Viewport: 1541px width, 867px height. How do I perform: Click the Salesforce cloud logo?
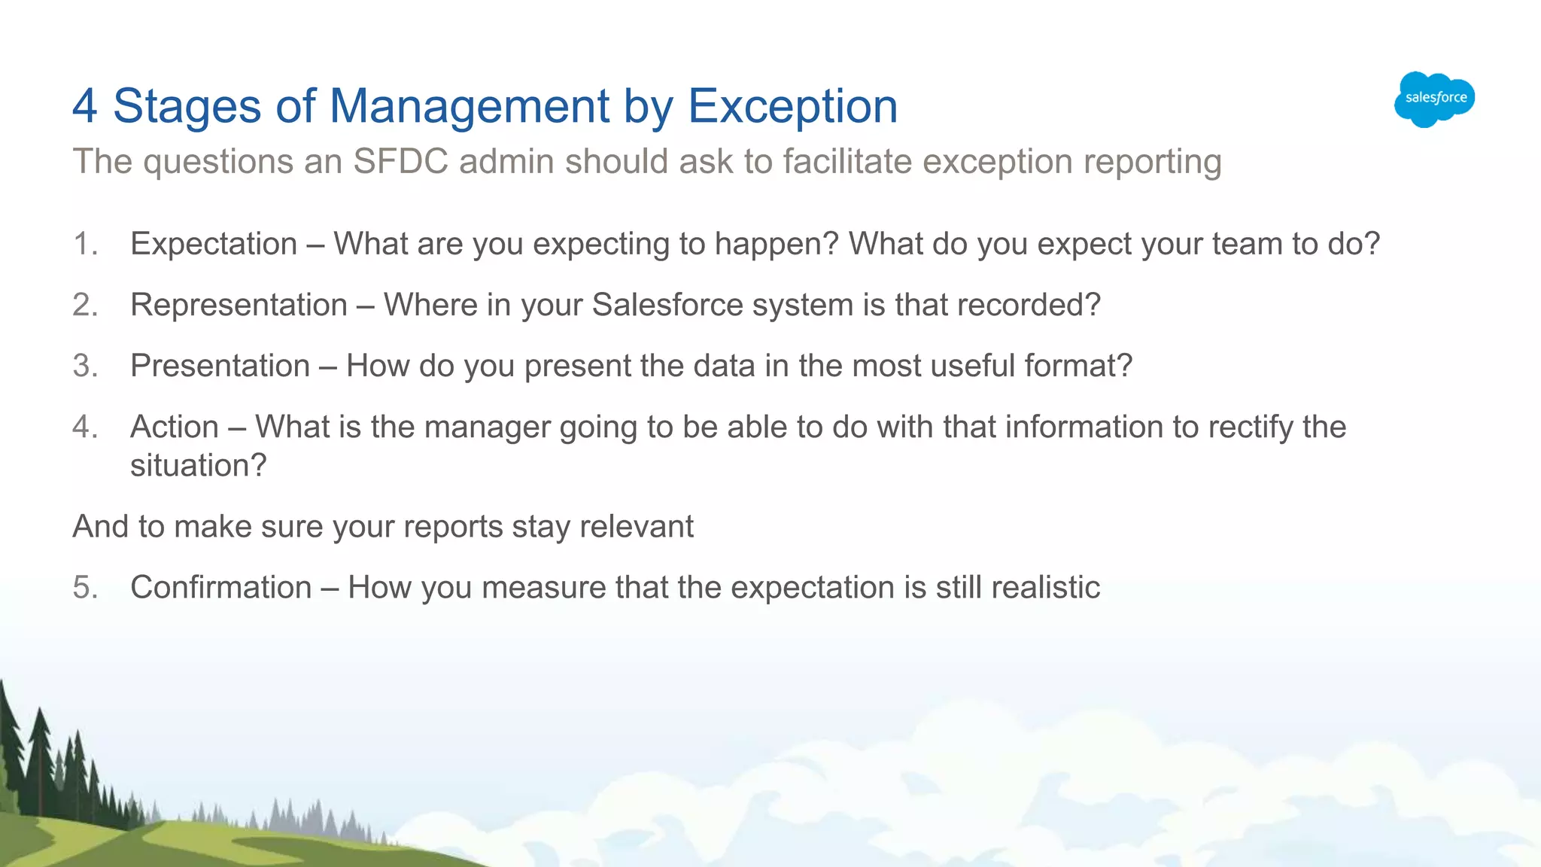pyautogui.click(x=1434, y=99)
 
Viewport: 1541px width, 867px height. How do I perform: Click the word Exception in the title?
pyautogui.click(x=792, y=106)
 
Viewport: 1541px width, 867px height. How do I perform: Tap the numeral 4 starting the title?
pyautogui.click(x=85, y=106)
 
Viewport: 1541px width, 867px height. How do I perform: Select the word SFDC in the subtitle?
pyautogui.click(x=400, y=162)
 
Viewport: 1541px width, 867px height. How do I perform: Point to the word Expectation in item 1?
pyautogui.click(x=214, y=244)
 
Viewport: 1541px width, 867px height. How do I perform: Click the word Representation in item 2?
pyautogui.click(x=239, y=305)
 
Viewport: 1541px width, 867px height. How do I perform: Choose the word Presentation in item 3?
pyautogui.click(x=220, y=366)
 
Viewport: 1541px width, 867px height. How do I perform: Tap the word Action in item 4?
pyautogui.click(x=175, y=427)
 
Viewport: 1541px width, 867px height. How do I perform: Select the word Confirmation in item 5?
pyautogui.click(x=220, y=587)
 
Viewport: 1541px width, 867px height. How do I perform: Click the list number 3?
pyautogui.click(x=85, y=366)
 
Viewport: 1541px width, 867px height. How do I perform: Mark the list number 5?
pyautogui.click(x=85, y=587)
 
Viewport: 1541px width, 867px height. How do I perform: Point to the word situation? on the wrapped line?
pyautogui.click(x=199, y=466)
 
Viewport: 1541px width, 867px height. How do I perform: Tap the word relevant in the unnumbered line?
pyautogui.click(x=637, y=526)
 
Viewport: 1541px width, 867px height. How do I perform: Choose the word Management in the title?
pyautogui.click(x=470, y=106)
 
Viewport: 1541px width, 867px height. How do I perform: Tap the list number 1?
pyautogui.click(x=85, y=244)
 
